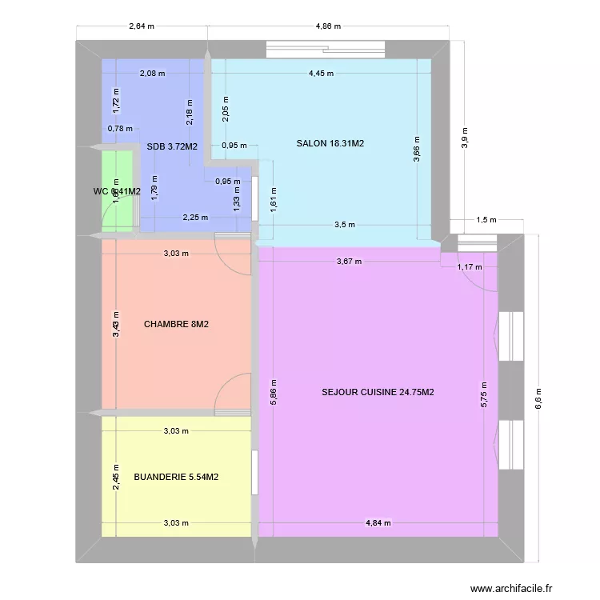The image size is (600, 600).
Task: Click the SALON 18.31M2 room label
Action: [x=330, y=144]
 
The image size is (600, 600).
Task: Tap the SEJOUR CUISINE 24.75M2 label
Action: [x=378, y=392]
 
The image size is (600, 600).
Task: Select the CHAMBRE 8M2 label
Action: [x=177, y=325]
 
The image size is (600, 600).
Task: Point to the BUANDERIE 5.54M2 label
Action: [x=176, y=478]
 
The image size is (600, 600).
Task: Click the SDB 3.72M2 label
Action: [x=172, y=146]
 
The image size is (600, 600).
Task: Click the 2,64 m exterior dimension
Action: [x=142, y=26]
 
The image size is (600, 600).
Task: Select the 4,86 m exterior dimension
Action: [x=328, y=26]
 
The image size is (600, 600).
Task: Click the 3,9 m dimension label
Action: [x=463, y=138]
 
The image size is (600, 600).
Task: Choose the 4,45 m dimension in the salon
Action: [x=321, y=74]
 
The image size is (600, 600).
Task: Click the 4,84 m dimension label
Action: [x=378, y=523]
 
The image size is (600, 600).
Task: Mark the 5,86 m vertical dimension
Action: [x=274, y=391]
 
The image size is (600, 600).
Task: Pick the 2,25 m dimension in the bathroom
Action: [x=195, y=217]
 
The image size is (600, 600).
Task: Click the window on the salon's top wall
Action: [x=328, y=50]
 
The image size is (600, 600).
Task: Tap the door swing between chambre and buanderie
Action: [x=234, y=394]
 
